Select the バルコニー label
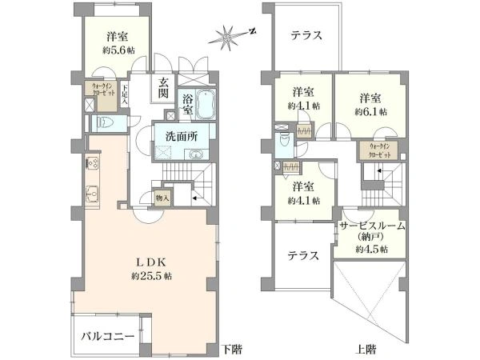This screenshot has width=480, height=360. pyautogui.click(x=108, y=335)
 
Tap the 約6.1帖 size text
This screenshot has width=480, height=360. pyautogui.click(x=369, y=111)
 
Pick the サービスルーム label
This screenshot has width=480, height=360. pyautogui.click(x=371, y=226)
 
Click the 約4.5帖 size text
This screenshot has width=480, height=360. pyautogui.click(x=372, y=249)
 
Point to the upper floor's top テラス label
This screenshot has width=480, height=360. pyautogui.click(x=306, y=36)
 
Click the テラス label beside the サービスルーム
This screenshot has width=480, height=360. pyautogui.click(x=304, y=256)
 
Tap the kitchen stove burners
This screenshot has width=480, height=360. pyautogui.click(x=92, y=162)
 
